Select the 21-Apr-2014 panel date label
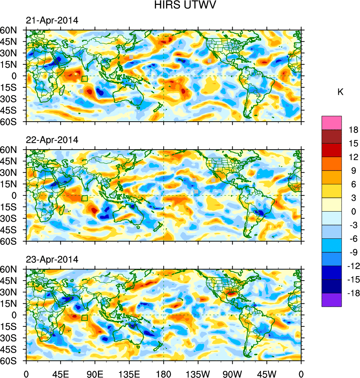click(x=52, y=21)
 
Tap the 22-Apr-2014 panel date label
click(x=52, y=140)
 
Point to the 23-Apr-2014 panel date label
click(x=52, y=259)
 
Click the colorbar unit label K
click(x=340, y=92)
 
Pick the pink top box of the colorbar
click(x=332, y=123)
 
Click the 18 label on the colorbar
click(x=353, y=130)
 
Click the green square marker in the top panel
click(x=84, y=78)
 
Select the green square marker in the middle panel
click(x=84, y=198)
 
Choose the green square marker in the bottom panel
click(x=84, y=318)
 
